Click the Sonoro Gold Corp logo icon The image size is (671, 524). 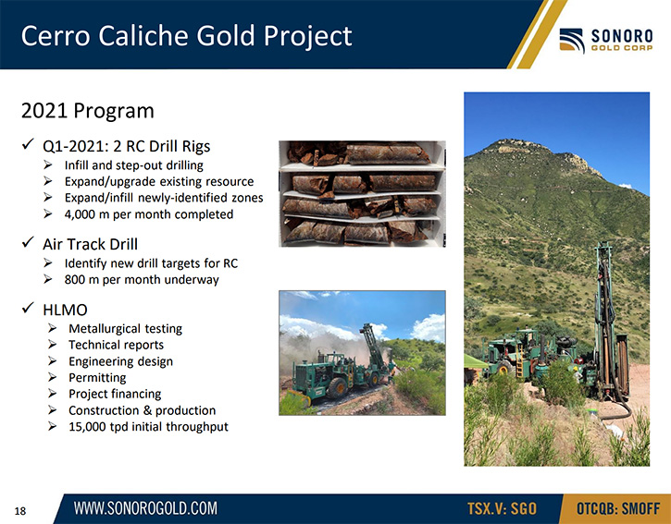click(572, 41)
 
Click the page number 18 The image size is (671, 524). click(20, 511)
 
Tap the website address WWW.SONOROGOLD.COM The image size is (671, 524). click(145, 508)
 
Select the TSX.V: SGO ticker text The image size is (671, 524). click(502, 509)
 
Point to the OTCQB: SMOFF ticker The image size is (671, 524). click(618, 509)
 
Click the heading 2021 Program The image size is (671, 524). click(88, 111)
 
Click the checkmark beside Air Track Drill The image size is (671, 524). click(28, 242)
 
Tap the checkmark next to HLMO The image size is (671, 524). click(28, 308)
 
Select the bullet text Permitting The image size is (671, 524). click(97, 378)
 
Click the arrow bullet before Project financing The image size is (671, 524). click(52, 394)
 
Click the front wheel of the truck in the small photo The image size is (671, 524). click(337, 388)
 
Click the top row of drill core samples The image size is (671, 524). click(360, 153)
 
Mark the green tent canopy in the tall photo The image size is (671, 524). click(475, 361)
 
